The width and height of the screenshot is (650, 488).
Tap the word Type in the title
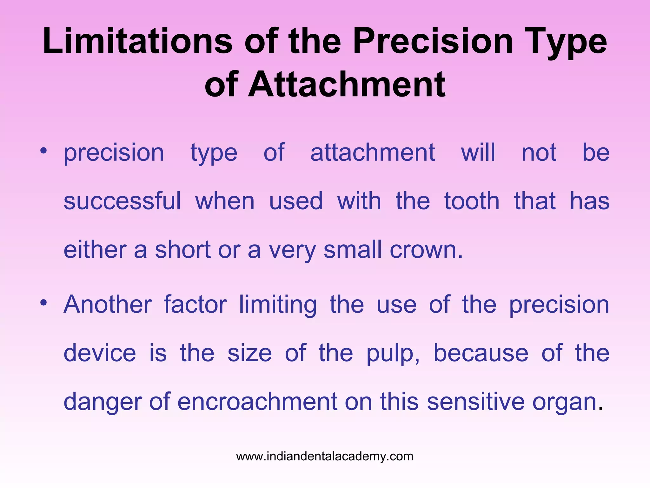click(565, 41)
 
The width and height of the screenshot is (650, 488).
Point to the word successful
click(122, 201)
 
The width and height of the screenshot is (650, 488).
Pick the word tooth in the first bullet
click(472, 201)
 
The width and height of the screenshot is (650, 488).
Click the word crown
click(426, 250)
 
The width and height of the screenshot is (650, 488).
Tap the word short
click(182, 250)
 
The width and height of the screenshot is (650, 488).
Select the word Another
click(108, 304)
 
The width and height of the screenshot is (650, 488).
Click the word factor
click(195, 304)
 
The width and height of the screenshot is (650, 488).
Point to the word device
click(100, 353)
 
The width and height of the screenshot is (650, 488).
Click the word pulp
click(392, 354)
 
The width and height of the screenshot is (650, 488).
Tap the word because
click(481, 353)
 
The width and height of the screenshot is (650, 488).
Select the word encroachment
click(257, 402)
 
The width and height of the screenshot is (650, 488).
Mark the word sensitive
click(476, 402)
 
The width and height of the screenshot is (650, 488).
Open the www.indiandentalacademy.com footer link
click(325, 457)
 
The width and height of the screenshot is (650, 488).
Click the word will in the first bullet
click(478, 152)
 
